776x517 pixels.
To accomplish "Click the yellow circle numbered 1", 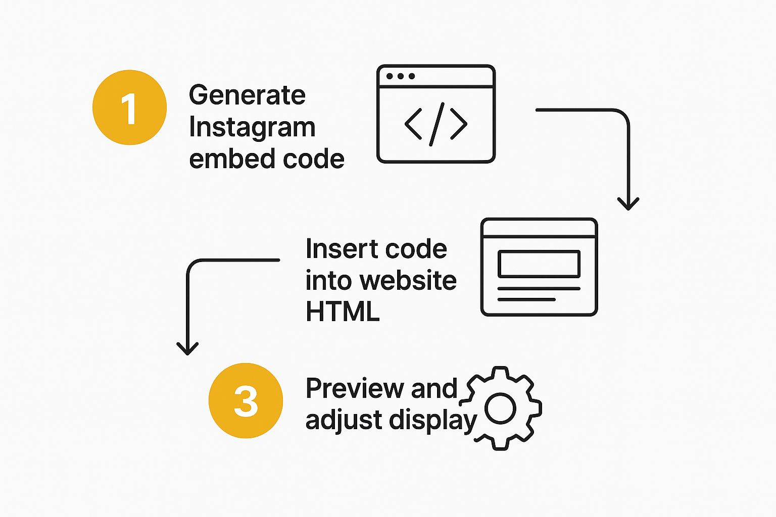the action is pos(129,108).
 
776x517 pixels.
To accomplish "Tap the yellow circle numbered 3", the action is pos(246,401).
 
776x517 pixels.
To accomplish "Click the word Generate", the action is pos(247,95).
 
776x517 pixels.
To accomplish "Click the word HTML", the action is pos(343,312).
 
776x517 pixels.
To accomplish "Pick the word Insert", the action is pos(341,248).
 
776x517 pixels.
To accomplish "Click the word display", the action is pos(433,421).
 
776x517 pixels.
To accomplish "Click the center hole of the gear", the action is pos(500,408).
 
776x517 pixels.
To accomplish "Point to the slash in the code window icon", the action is pos(437,124).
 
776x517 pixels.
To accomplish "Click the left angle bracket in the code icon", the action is pos(413,124).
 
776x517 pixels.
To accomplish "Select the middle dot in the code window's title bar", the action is pos(401,76).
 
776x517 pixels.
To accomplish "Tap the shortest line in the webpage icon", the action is pos(526,299).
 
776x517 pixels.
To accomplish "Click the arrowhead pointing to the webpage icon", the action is pos(628,204).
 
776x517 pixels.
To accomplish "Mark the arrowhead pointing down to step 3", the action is pos(187,349).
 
